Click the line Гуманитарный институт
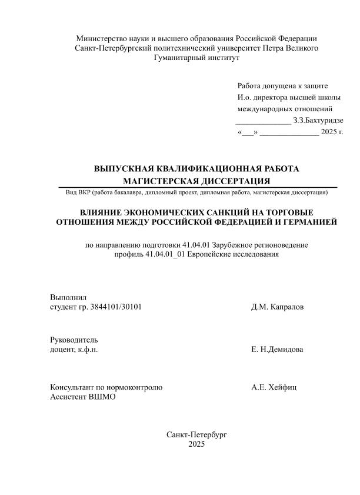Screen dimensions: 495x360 click(x=196, y=58)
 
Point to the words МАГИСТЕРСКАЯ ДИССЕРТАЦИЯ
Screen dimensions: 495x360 click(x=196, y=181)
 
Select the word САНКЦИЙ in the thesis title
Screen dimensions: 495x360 click(x=221, y=212)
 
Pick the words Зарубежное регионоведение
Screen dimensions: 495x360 click(x=261, y=245)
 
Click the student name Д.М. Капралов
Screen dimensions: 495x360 click(x=278, y=307)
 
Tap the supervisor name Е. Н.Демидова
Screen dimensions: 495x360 click(x=277, y=350)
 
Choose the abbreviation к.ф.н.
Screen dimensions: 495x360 click(x=86, y=350)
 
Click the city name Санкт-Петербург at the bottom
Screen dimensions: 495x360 click(x=196, y=434)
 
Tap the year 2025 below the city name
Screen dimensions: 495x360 click(x=196, y=444)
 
